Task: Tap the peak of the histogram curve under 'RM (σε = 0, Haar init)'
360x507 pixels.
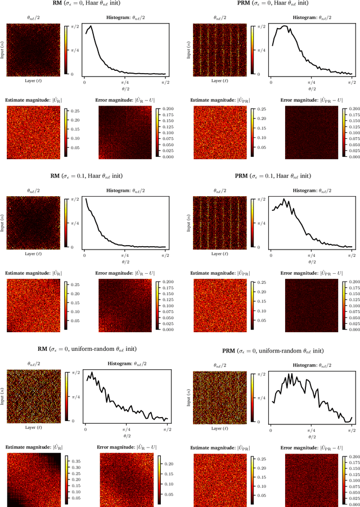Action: (91, 26)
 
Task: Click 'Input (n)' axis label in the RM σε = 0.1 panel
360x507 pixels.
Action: (3, 221)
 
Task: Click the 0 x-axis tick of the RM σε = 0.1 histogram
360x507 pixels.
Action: (84, 254)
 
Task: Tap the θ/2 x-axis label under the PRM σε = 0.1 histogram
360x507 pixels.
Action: (310, 261)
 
